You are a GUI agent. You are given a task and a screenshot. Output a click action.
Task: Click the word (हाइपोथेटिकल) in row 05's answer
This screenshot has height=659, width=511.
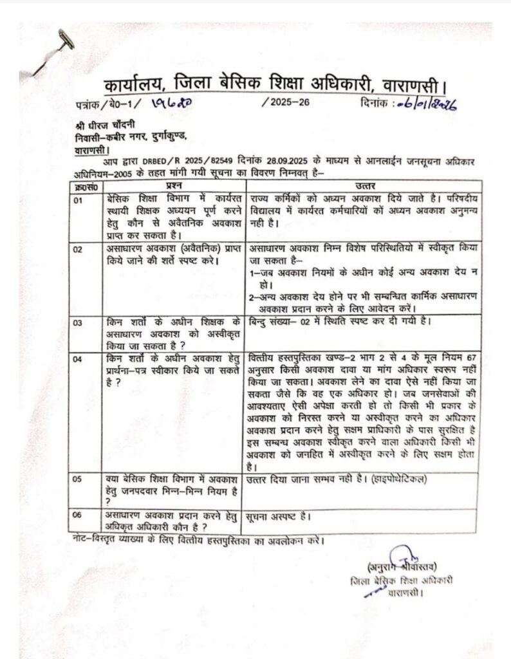tap(396, 479)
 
